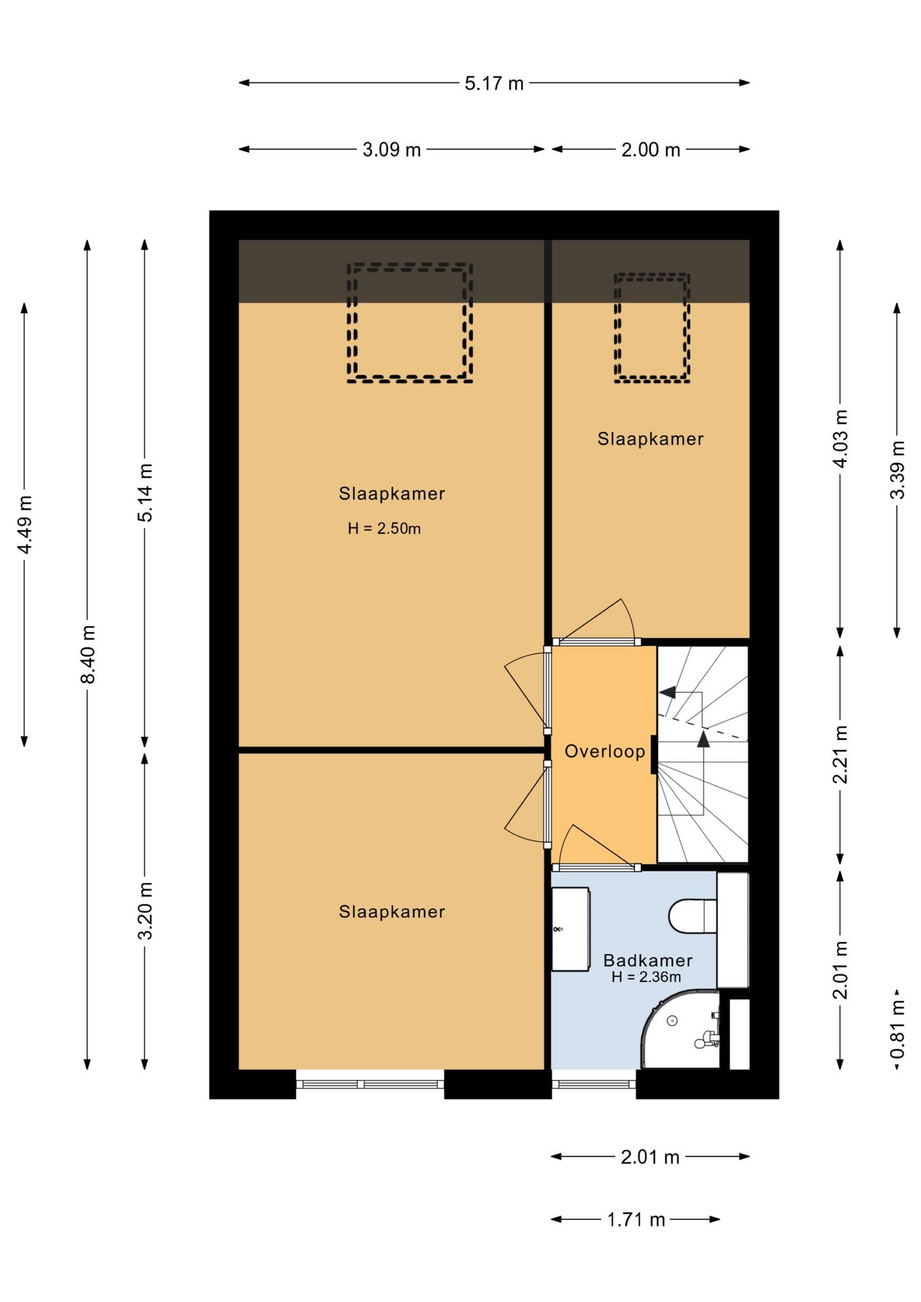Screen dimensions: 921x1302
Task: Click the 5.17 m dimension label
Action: (x=494, y=83)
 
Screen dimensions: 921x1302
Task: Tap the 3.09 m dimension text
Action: (x=391, y=150)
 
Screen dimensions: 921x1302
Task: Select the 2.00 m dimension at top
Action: (x=650, y=150)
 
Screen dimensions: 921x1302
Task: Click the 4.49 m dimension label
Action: (x=24, y=525)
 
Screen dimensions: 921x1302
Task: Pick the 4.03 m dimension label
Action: (x=840, y=439)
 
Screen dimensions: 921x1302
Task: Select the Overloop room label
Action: (x=605, y=751)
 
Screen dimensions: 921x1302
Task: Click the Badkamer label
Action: (x=648, y=960)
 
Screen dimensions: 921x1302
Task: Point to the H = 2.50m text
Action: (x=384, y=529)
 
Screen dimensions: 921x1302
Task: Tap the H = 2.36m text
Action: (x=646, y=977)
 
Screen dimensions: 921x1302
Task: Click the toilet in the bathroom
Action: (x=692, y=916)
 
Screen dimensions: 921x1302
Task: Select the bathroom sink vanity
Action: (x=570, y=929)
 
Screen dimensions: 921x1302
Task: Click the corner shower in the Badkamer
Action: (x=681, y=1029)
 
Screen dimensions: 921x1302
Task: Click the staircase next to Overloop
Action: (x=703, y=754)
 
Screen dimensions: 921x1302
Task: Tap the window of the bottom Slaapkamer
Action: (x=370, y=1084)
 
